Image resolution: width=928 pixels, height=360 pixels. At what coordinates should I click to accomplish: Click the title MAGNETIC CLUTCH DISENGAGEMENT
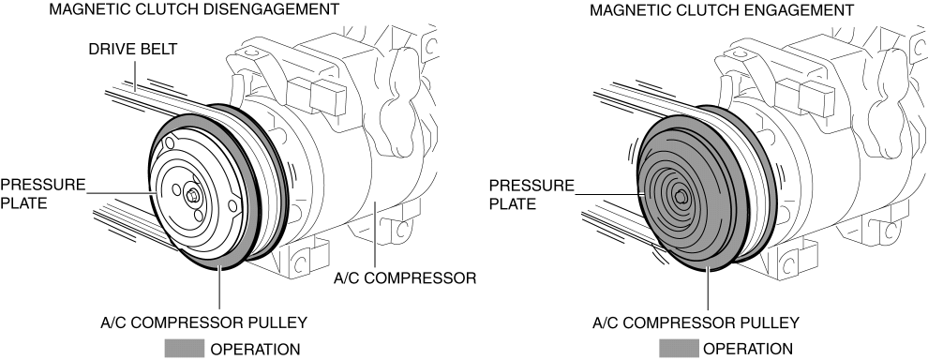click(195, 9)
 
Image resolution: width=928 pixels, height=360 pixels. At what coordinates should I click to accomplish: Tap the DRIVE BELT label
click(132, 49)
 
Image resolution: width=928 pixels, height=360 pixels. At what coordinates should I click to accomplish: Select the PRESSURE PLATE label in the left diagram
click(42, 194)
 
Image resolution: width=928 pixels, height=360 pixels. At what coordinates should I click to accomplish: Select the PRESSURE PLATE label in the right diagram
click(531, 194)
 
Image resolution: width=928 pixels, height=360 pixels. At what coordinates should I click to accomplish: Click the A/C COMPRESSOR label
click(405, 277)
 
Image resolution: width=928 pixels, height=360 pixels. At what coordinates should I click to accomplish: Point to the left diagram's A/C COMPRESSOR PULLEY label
click(203, 322)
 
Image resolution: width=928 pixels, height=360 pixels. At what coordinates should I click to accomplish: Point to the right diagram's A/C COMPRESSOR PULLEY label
click(696, 322)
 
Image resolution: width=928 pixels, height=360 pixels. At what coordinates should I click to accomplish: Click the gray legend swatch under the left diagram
click(184, 348)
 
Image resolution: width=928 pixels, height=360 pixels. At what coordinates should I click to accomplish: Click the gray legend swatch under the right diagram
click(678, 348)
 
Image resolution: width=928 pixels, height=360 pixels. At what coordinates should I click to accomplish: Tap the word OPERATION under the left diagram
click(255, 349)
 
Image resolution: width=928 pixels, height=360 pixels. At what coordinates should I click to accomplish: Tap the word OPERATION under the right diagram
click(748, 349)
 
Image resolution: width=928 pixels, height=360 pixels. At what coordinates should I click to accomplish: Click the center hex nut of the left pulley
click(192, 196)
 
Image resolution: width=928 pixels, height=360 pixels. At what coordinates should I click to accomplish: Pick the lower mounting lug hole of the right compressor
click(789, 261)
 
